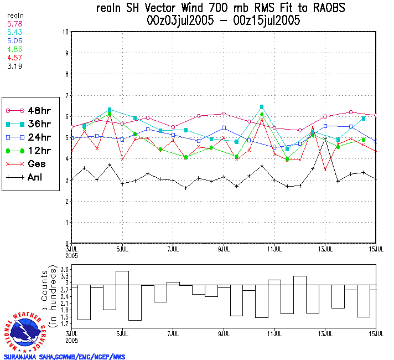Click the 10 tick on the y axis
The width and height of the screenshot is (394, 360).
pos(65,32)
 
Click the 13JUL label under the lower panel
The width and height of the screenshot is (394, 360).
pos(325,334)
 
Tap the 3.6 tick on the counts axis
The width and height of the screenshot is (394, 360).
pos(64,270)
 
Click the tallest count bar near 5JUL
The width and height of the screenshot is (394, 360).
pos(122,296)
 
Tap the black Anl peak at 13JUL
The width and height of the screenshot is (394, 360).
pos(325,138)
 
